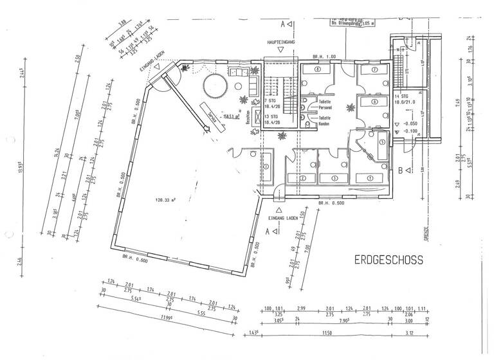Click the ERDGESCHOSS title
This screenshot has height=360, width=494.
[x=388, y=260]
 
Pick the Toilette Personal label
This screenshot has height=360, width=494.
[x=324, y=105]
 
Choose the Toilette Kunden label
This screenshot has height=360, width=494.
[x=324, y=120]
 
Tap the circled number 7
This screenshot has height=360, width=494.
[x=374, y=69]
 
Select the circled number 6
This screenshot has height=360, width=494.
[x=374, y=102]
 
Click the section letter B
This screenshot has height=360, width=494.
[x=400, y=170]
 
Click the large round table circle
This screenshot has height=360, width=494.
[x=214, y=85]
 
